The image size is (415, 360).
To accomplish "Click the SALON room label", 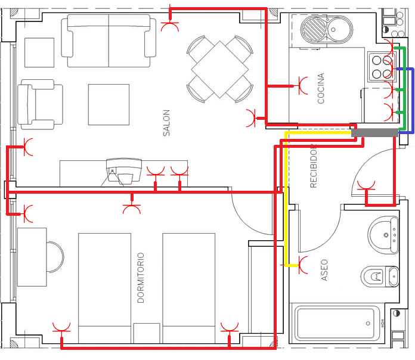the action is (x=166, y=123).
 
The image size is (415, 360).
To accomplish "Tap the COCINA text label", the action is (x=321, y=88).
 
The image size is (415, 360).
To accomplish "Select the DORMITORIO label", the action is (x=141, y=278).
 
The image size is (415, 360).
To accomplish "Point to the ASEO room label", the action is (x=324, y=270).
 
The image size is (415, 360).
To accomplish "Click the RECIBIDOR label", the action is (x=314, y=166).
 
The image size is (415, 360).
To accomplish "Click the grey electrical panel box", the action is (x=374, y=132).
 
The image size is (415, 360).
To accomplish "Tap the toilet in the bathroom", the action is (x=380, y=277).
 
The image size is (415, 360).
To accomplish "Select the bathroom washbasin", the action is (x=383, y=235).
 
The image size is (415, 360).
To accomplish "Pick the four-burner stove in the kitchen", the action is (x=382, y=66).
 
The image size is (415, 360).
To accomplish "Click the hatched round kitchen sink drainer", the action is (x=314, y=29).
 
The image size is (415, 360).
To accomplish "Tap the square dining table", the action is (x=219, y=69).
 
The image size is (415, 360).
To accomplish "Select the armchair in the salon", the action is (x=40, y=104).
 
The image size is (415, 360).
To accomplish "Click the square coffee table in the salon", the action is (x=109, y=104).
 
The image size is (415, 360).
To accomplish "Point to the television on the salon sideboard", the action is (x=123, y=172).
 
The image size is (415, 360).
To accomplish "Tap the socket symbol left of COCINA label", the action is (x=303, y=86).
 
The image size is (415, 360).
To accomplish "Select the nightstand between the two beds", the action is (x=147, y=333).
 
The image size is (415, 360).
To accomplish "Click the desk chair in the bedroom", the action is (x=55, y=257).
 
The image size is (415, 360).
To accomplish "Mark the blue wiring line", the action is (x=413, y=101).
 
